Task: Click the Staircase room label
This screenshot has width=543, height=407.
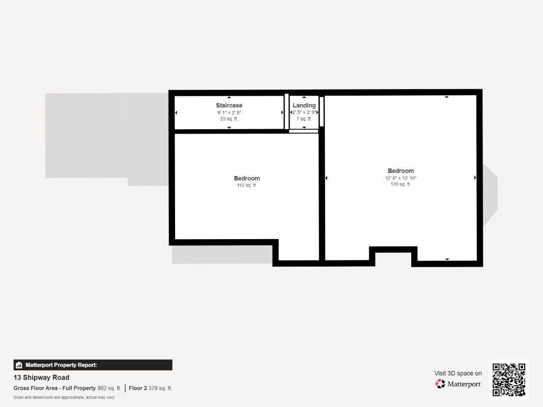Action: [x=229, y=105]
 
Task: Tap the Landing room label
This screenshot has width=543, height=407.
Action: [x=304, y=105]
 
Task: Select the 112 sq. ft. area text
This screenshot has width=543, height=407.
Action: [x=247, y=185]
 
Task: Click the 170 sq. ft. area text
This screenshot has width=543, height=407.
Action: [x=401, y=184]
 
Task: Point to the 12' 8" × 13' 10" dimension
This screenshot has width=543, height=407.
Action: [x=401, y=178]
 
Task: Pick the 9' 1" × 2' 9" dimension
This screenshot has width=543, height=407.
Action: [x=229, y=112]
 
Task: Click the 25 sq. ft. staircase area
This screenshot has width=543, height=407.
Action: [x=229, y=119]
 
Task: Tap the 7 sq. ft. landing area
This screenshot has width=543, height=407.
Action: [x=304, y=119]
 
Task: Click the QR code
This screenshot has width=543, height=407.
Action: [x=509, y=380]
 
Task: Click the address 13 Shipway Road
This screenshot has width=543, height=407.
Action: [x=41, y=377]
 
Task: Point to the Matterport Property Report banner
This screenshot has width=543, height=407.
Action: [x=93, y=365]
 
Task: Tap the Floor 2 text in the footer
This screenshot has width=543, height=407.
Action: [x=137, y=388]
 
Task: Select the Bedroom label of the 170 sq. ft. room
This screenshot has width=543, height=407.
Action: [x=401, y=171]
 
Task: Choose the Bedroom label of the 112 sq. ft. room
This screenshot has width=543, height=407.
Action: [x=247, y=178]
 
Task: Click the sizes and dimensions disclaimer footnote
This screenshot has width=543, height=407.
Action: [x=64, y=397]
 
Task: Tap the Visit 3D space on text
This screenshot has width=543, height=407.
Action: [x=458, y=373]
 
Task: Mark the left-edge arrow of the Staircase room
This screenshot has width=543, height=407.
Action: [x=177, y=112]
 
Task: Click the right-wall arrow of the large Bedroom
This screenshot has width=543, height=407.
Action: [x=475, y=178]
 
